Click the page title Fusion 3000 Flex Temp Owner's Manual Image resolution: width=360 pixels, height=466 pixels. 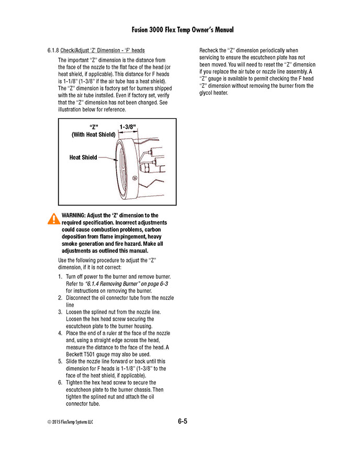click(179, 30)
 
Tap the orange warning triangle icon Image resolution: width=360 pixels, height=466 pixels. click(53, 219)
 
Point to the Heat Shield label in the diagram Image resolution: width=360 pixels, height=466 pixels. click(83, 157)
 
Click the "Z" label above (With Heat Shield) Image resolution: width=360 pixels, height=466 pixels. click(94, 127)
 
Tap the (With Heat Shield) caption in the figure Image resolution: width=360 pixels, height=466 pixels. click(94, 134)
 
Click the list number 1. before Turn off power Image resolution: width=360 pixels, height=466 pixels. click(60, 277)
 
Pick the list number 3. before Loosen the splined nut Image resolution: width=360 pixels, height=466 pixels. click(60, 312)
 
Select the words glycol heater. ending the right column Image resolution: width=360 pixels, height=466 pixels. click(216, 93)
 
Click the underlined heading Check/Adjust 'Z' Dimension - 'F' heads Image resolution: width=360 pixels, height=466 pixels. click(103, 51)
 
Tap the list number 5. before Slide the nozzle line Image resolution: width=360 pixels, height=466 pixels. click(60, 361)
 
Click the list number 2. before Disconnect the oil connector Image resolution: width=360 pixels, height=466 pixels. click(60, 298)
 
